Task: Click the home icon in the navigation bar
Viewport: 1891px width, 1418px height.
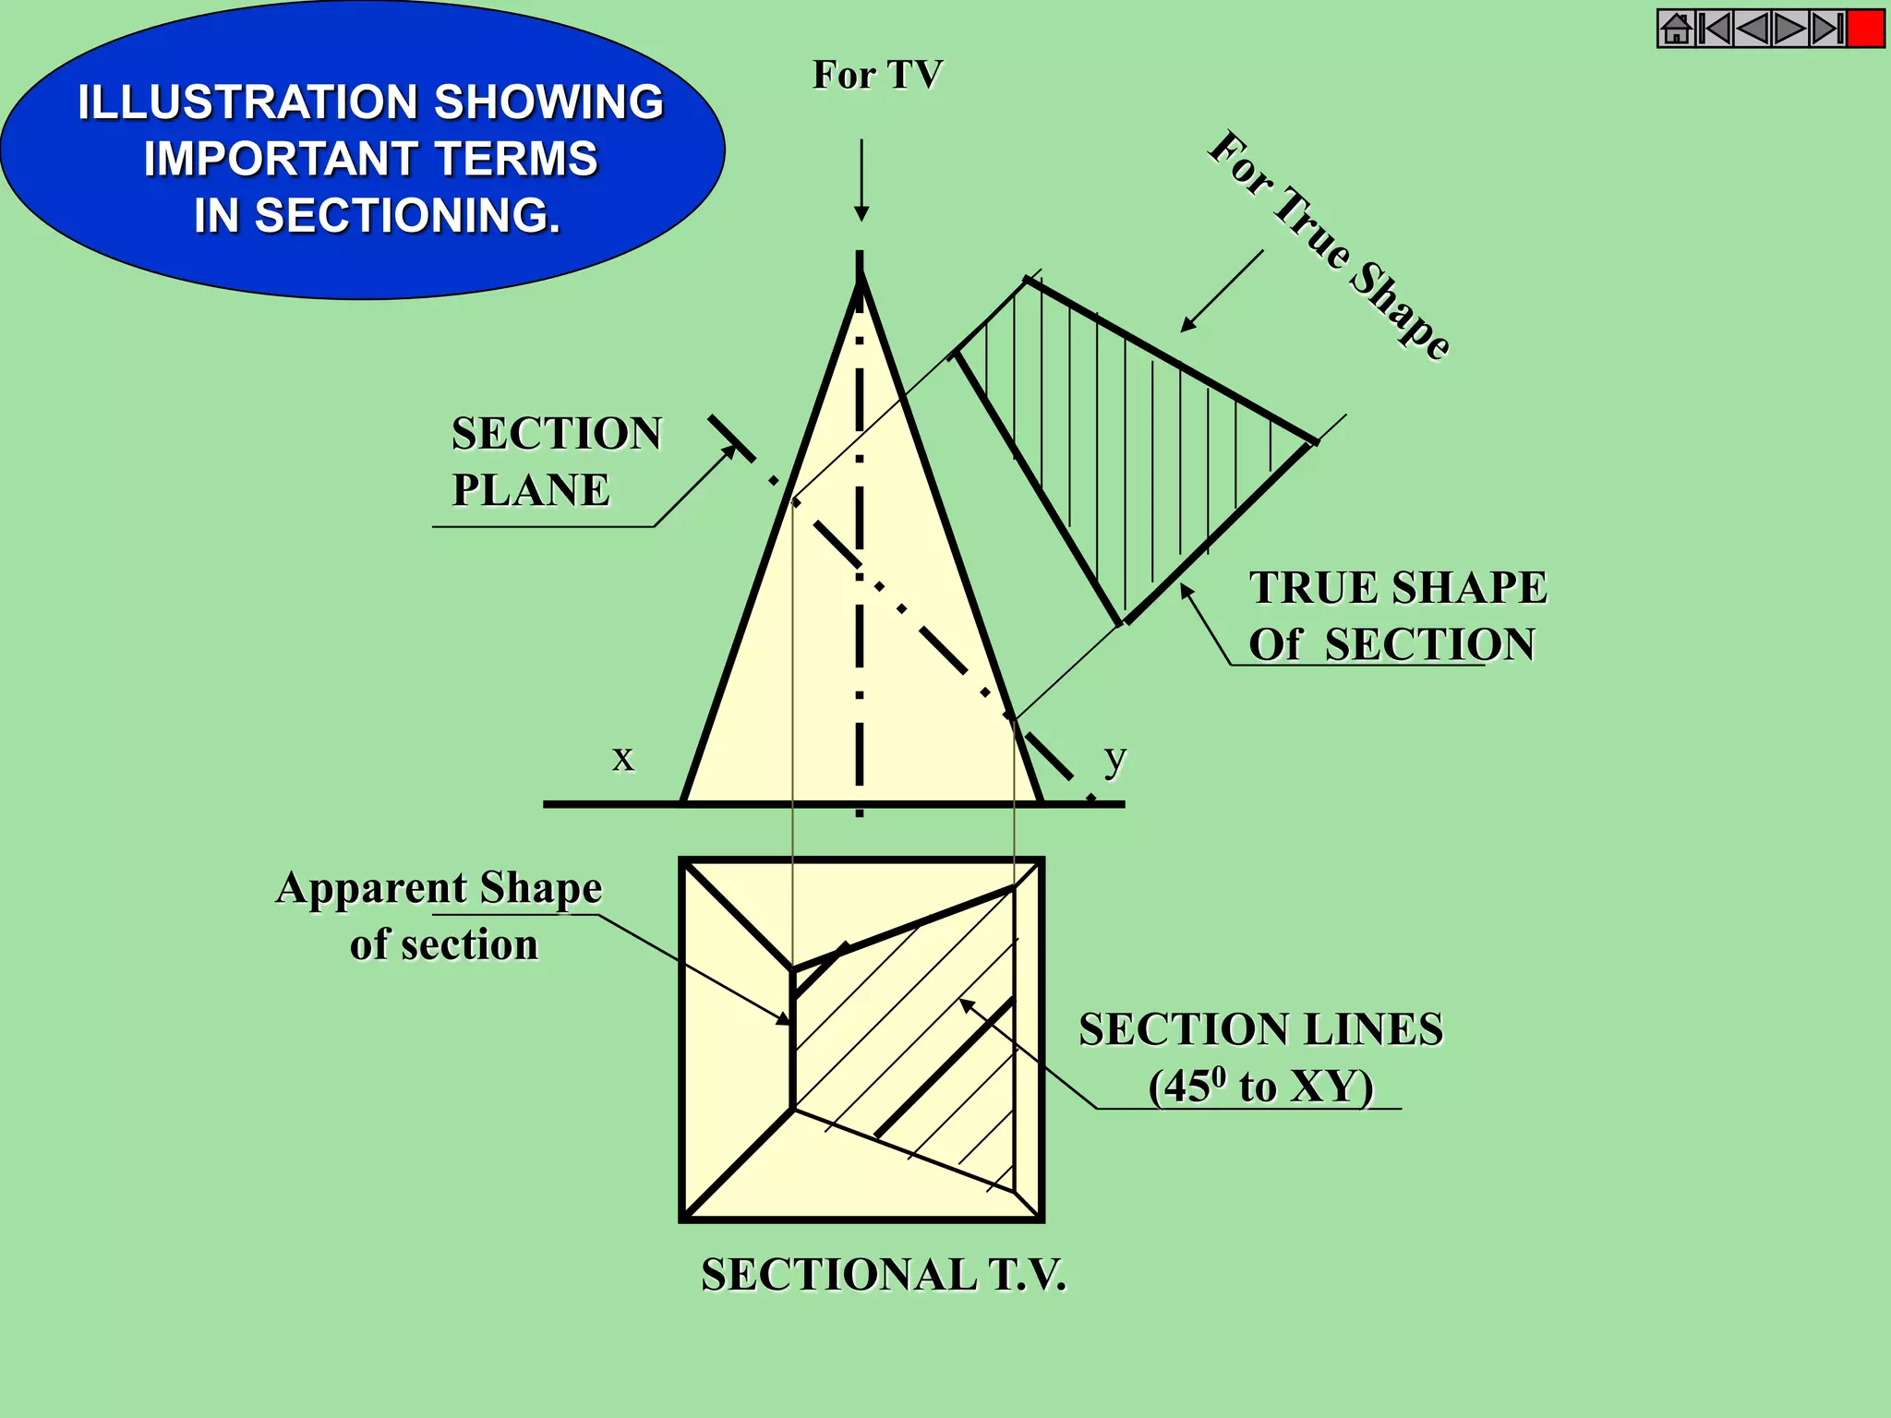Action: (x=1676, y=29)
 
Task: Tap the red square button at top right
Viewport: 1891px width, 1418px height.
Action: (x=1865, y=29)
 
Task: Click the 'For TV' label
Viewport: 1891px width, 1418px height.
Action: (x=877, y=75)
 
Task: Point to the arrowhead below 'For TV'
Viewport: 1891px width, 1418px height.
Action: (x=861, y=213)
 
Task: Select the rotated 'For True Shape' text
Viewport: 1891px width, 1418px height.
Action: (x=1330, y=244)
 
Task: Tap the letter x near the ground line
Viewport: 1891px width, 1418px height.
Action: (x=623, y=759)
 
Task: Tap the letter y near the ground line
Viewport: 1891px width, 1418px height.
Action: (x=1115, y=759)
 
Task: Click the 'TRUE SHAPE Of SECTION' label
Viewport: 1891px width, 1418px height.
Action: (x=1396, y=616)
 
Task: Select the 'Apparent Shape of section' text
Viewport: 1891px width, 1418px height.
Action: (x=440, y=916)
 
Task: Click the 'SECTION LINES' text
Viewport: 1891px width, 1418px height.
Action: (x=1260, y=1029)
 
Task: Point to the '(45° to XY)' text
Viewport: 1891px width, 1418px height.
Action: (x=1260, y=1086)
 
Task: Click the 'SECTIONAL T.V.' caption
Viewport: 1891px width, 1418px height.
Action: (x=884, y=1275)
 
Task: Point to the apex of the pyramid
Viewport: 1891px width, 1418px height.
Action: (x=861, y=279)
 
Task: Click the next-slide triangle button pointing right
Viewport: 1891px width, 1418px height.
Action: (x=1789, y=29)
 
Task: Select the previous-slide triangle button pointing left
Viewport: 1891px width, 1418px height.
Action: (x=1752, y=29)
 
